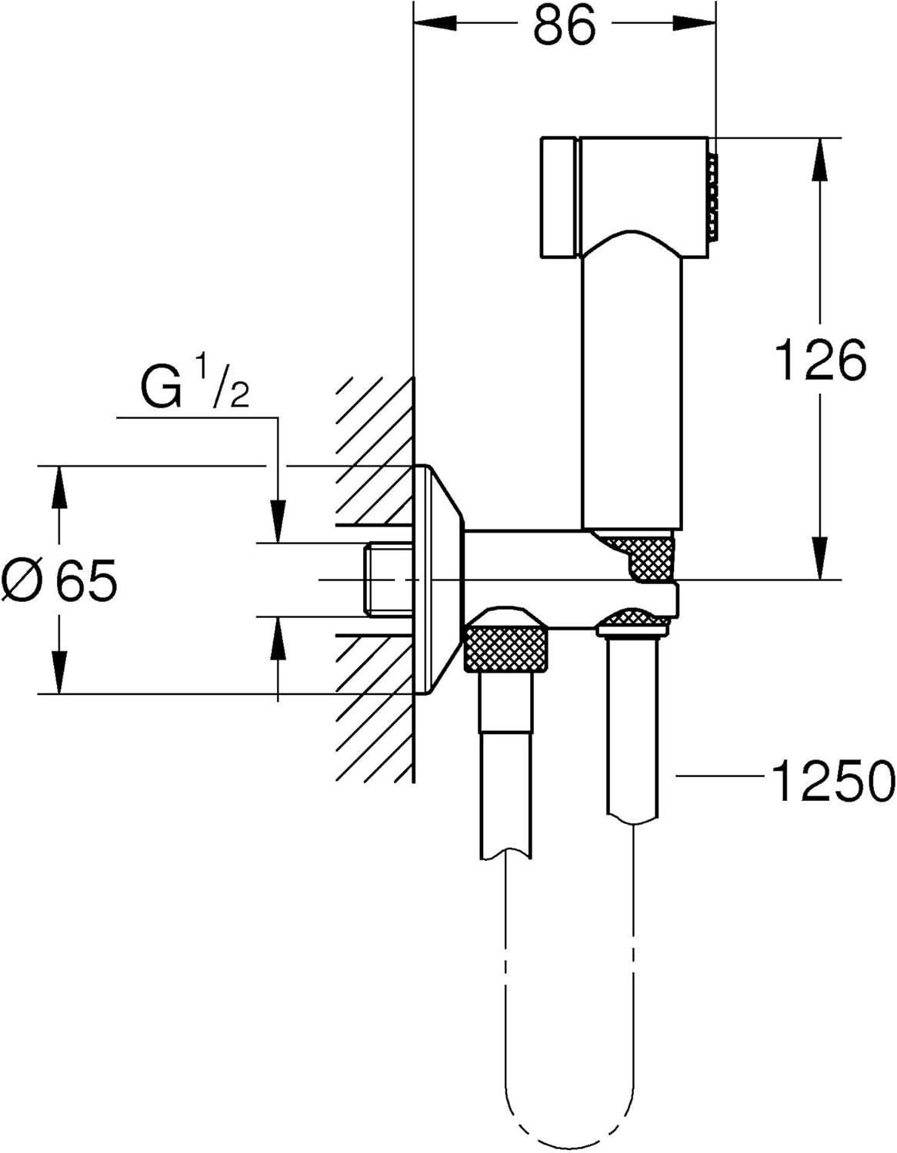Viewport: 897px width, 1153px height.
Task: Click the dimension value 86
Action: pyautogui.click(x=565, y=26)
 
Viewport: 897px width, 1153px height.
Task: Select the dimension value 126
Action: pyautogui.click(x=820, y=360)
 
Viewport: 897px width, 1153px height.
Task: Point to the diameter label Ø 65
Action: pyautogui.click(x=60, y=580)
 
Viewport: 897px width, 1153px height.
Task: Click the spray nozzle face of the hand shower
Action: pyautogui.click(x=715, y=194)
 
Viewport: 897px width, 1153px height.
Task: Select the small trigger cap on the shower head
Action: pyautogui.click(x=559, y=199)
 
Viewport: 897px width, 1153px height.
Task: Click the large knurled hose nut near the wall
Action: pyautogui.click(x=507, y=648)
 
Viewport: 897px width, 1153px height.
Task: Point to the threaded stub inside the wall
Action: pyautogui.click(x=391, y=580)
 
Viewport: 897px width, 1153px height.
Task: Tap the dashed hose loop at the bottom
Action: pyautogui.click(x=571, y=1107)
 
